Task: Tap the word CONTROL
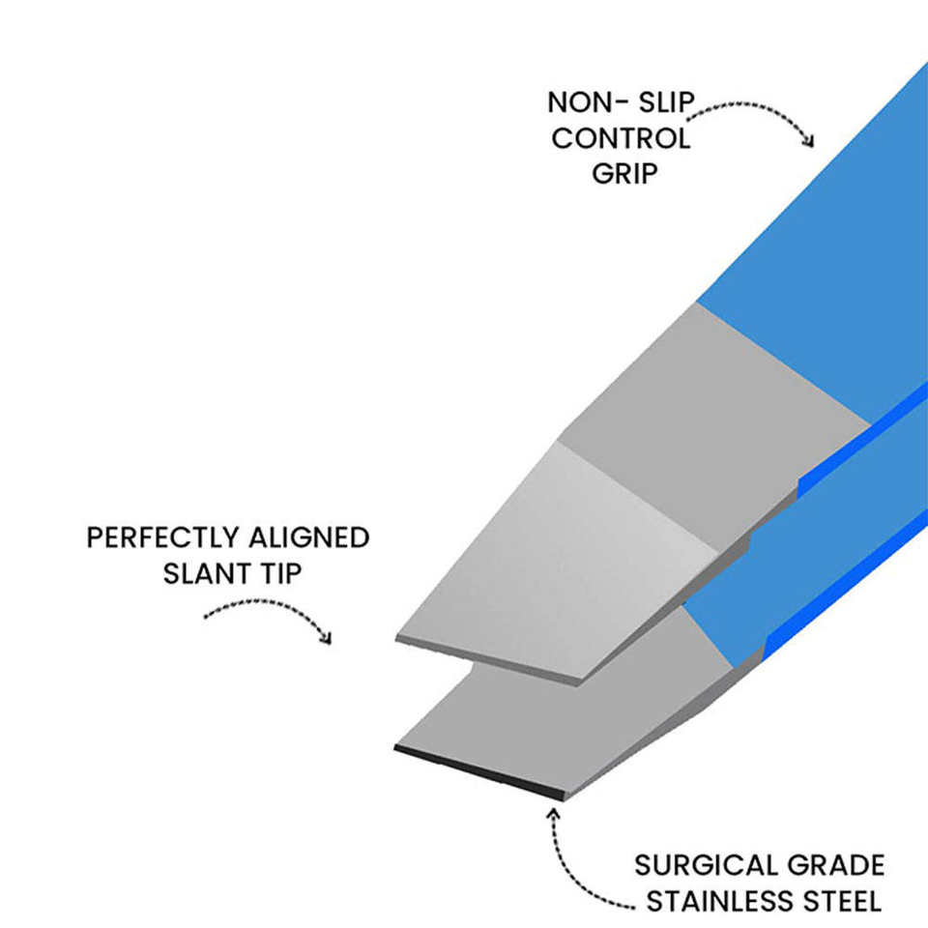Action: pos(621,138)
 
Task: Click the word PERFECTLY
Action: pos(160,537)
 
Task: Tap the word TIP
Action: pos(281,573)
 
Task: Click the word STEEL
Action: pos(844,902)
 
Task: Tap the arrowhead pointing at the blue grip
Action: pos(809,141)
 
